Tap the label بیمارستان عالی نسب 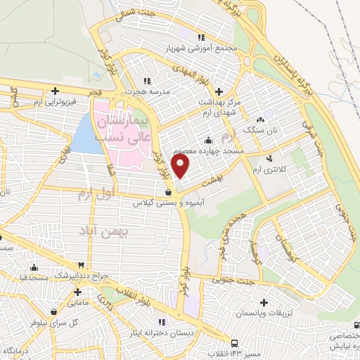tap(122, 130)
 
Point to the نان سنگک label tap(260, 131)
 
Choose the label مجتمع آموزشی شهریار tap(201, 50)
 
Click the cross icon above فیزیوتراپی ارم tap(56, 91)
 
